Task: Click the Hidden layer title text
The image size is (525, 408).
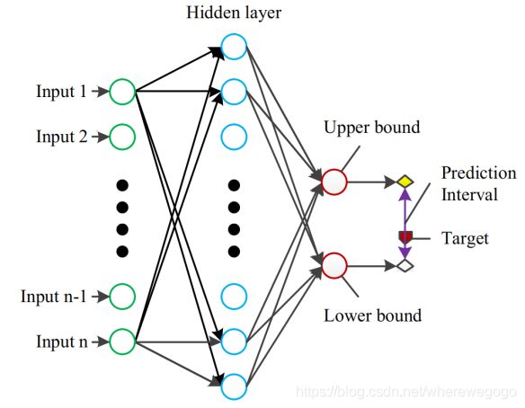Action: [234, 13]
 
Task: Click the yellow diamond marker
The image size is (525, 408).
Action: [405, 182]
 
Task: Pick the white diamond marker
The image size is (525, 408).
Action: [405, 266]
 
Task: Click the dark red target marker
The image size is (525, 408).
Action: [405, 237]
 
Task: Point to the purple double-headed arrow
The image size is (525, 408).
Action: [405, 224]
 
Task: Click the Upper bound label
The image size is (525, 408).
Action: [371, 128]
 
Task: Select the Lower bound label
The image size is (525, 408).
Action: [372, 315]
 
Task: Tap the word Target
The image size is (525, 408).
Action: [465, 239]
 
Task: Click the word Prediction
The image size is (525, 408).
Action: [479, 173]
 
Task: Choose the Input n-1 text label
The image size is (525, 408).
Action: [54, 297]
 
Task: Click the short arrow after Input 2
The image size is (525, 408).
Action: [101, 137]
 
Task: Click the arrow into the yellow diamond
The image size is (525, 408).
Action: [372, 182]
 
